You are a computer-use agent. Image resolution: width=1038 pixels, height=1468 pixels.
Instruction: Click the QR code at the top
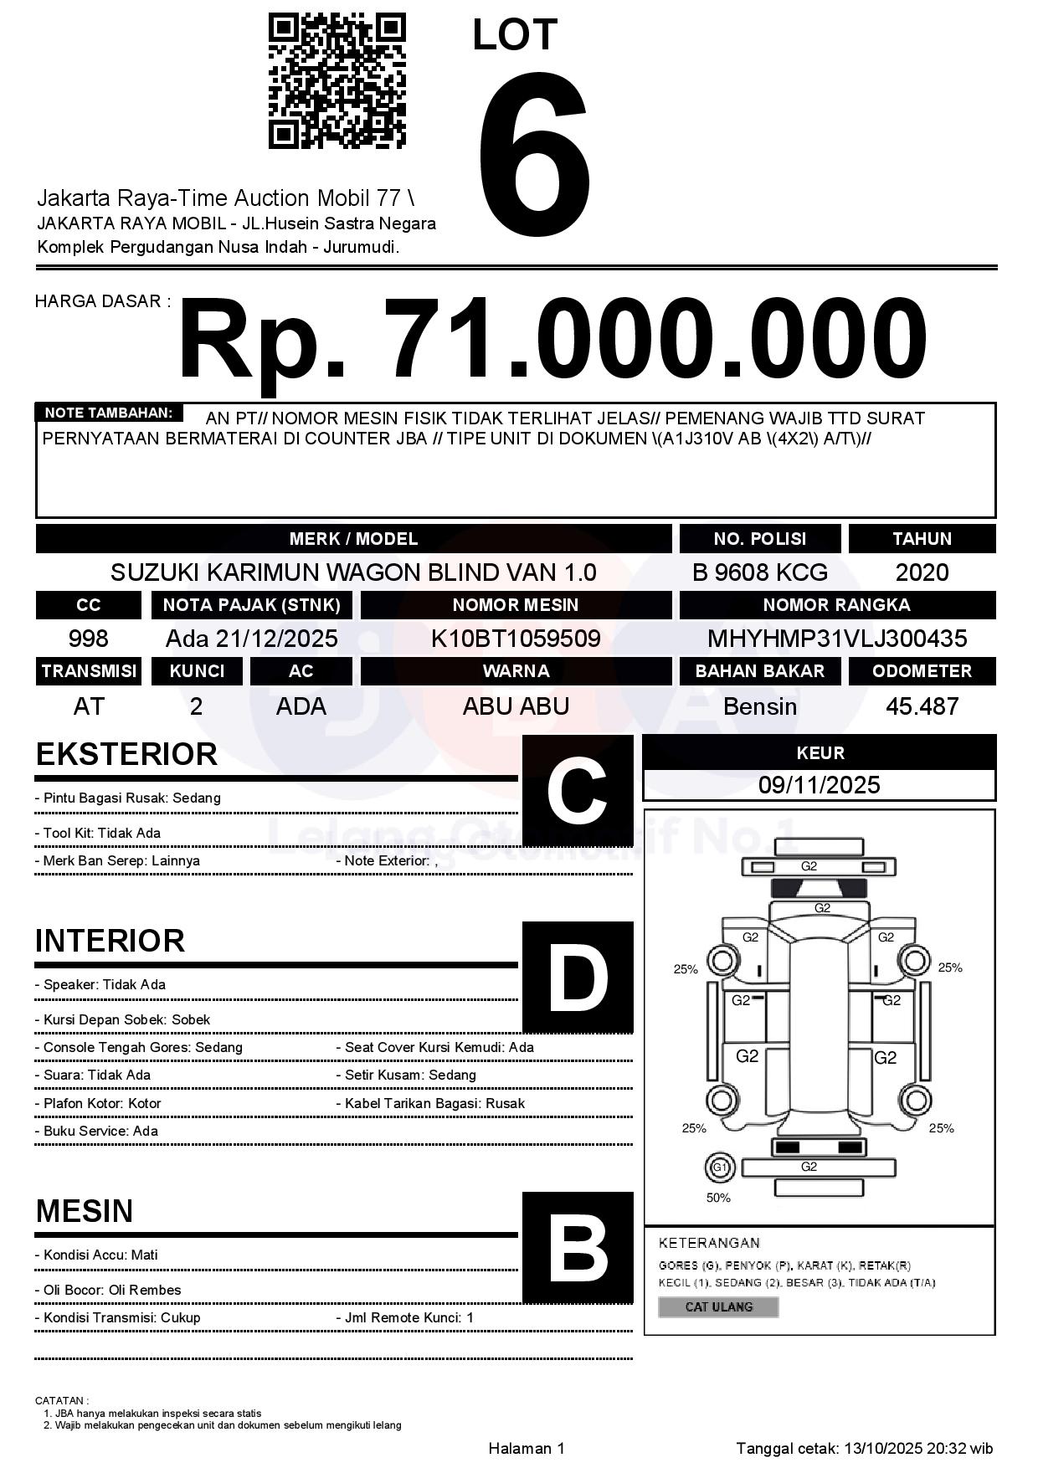[337, 81]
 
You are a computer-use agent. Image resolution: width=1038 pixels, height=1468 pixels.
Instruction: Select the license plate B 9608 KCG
[759, 572]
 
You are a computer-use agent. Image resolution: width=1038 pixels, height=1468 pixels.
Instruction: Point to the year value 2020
[922, 572]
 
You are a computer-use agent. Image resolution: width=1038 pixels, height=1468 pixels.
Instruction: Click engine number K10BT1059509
[516, 639]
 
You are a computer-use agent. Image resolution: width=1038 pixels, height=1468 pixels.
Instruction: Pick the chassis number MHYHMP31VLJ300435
[836, 639]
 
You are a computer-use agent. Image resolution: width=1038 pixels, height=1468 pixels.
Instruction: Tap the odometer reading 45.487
[922, 706]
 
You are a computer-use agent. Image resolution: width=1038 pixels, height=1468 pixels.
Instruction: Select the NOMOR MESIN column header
[516, 605]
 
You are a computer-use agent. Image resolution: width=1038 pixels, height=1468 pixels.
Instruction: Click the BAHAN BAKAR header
[759, 671]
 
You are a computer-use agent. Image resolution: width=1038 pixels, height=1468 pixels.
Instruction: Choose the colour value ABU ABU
[516, 706]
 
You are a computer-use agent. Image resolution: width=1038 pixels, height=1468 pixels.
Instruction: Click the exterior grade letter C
[577, 791]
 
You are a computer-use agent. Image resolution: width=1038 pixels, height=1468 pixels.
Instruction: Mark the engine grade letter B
[577, 1248]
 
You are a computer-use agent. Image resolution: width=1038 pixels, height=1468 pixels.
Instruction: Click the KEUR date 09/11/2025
[819, 785]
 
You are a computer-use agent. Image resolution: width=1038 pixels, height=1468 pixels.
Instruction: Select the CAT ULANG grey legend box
[718, 1306]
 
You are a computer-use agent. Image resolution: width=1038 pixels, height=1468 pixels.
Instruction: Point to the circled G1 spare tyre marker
[719, 1167]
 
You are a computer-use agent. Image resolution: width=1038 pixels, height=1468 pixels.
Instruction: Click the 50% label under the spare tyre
[718, 1198]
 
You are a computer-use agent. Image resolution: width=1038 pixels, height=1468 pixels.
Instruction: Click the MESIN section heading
[85, 1211]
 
